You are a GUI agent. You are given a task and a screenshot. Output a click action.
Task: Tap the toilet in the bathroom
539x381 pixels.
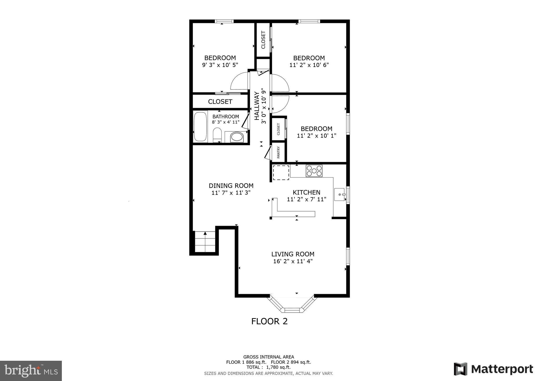pyautogui.click(x=217, y=135)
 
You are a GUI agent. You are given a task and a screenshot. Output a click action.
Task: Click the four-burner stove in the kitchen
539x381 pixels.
pyautogui.click(x=314, y=171)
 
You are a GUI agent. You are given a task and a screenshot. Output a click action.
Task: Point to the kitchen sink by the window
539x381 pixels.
pyautogui.click(x=340, y=194)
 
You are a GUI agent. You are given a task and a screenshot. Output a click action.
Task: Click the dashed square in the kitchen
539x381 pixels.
pyautogui.click(x=281, y=173)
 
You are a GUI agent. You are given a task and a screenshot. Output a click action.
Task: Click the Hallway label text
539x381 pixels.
pyautogui.click(x=257, y=106)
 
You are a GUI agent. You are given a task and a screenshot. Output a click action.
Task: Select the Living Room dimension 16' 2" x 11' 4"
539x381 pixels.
pyautogui.click(x=293, y=261)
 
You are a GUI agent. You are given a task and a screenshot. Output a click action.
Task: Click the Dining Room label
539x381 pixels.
pyautogui.click(x=231, y=186)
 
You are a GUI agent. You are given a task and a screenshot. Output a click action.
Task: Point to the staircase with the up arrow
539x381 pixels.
pyautogui.click(x=205, y=242)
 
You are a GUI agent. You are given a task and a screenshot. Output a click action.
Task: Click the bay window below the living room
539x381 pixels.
pyautogui.click(x=292, y=305)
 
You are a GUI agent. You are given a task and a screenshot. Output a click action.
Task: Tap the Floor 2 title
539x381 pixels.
pyautogui.click(x=269, y=321)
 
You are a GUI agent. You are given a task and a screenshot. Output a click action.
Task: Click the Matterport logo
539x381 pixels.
pyautogui.click(x=493, y=369)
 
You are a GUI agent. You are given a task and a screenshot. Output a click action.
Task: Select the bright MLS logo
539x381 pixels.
pyautogui.click(x=31, y=371)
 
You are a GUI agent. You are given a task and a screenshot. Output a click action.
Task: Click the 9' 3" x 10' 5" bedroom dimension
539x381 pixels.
pyautogui.click(x=220, y=65)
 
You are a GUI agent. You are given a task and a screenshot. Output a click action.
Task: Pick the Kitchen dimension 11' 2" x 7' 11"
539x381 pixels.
pyautogui.click(x=307, y=199)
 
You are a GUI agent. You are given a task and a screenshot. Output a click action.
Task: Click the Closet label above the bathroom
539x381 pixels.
pyautogui.click(x=220, y=102)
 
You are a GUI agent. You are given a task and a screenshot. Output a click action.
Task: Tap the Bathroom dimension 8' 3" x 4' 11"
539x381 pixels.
pyautogui.click(x=226, y=122)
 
